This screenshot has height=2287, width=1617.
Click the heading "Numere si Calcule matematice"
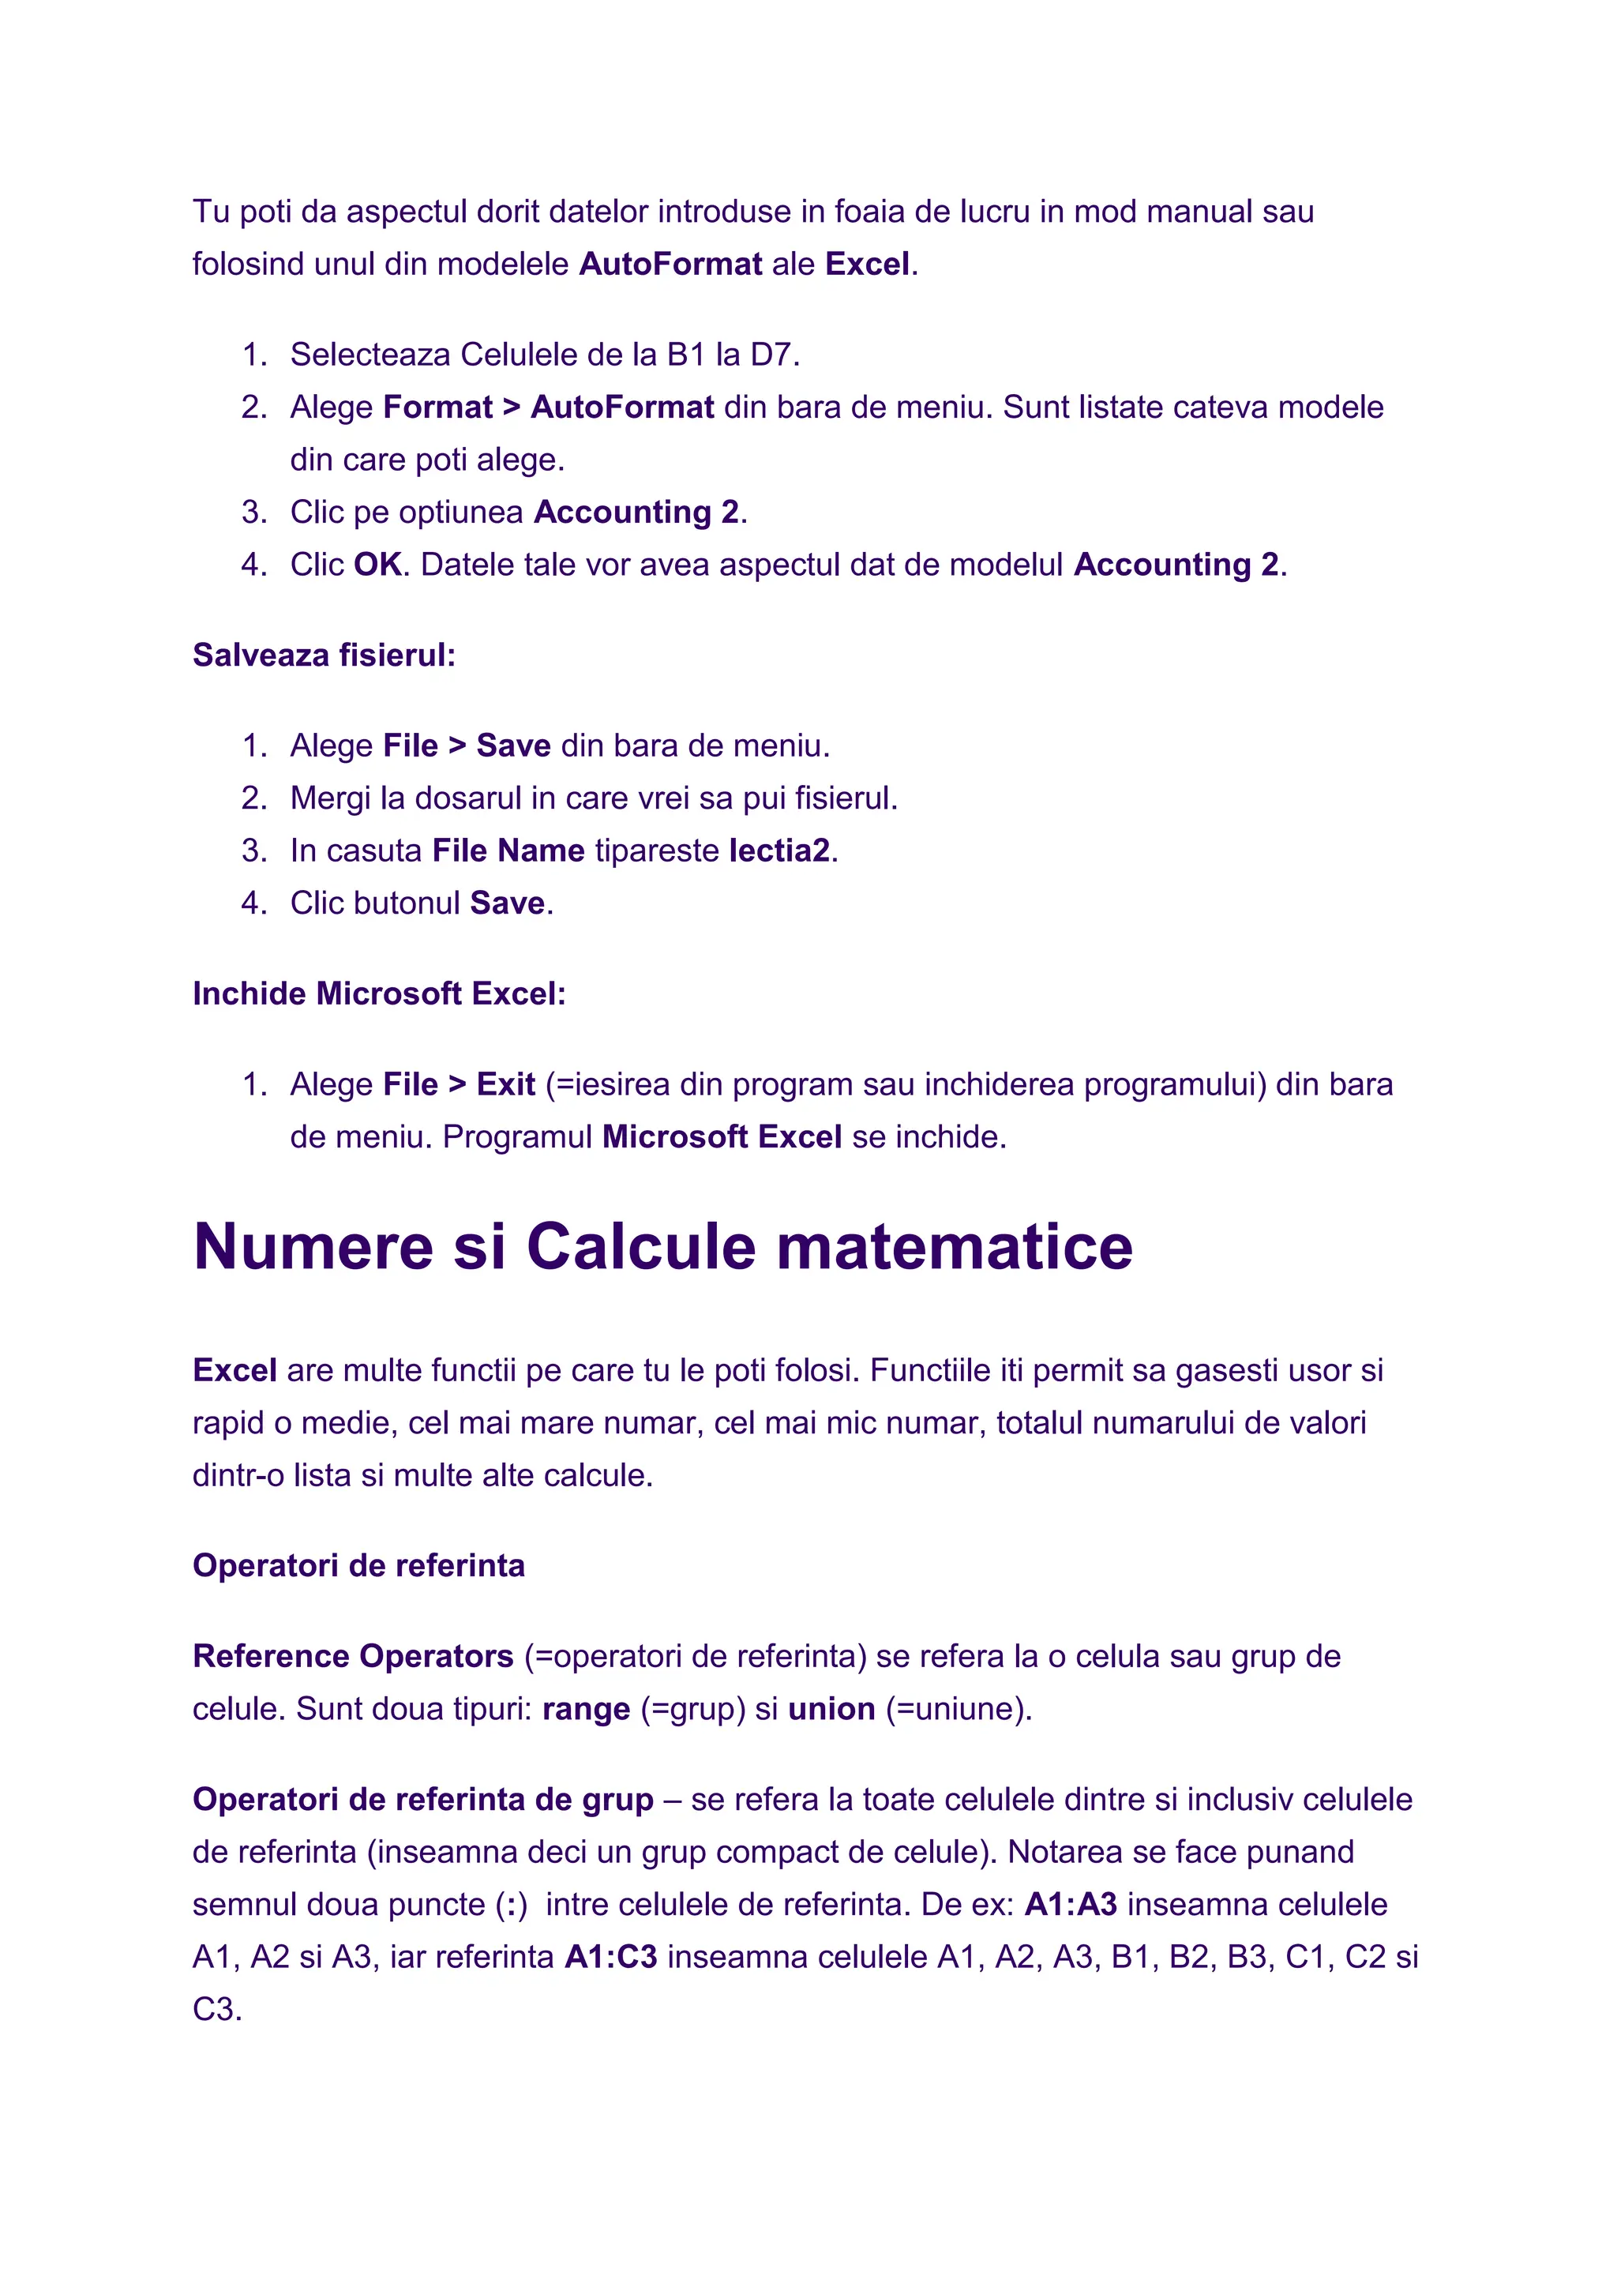point(662,1246)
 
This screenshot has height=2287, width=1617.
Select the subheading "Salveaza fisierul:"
point(324,655)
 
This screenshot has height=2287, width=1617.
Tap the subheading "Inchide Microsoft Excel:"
point(378,994)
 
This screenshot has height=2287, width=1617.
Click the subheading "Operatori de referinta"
point(358,1566)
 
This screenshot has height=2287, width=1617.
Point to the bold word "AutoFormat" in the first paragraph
point(670,264)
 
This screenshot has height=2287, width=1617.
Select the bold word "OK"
point(377,565)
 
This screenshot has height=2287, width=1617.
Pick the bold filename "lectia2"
point(779,851)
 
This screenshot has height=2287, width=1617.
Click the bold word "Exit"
point(506,1085)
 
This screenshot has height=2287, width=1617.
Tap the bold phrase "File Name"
point(508,851)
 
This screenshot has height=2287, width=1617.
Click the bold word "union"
point(831,1709)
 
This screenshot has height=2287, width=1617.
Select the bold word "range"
point(586,1709)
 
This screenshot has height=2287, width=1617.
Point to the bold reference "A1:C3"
point(610,1958)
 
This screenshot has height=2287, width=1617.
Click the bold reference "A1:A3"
point(1071,1905)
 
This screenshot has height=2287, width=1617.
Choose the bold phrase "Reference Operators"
point(352,1657)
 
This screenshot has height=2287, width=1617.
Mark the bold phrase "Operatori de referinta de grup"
point(422,1800)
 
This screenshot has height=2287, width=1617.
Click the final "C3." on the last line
point(217,2010)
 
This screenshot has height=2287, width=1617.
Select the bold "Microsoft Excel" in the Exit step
point(722,1137)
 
